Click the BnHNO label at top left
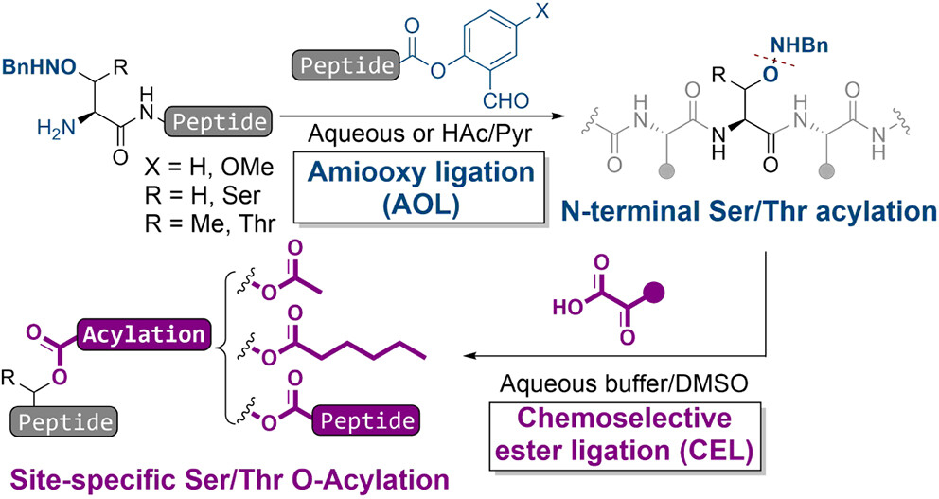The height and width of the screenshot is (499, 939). (x=40, y=67)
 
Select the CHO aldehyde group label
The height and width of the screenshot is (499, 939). (x=505, y=100)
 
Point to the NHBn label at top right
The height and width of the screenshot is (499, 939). (x=799, y=45)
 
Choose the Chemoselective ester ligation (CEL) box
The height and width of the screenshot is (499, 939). (x=624, y=435)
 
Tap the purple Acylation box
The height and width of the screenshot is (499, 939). (x=144, y=334)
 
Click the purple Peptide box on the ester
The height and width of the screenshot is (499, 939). (x=366, y=421)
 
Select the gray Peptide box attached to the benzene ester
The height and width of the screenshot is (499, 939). (x=347, y=65)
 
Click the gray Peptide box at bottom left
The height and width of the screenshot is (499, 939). (x=65, y=422)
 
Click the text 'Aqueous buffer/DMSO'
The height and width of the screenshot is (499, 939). (x=624, y=384)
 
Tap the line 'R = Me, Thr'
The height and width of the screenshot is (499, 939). (x=209, y=223)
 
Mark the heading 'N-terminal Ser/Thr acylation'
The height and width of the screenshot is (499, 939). (x=749, y=211)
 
